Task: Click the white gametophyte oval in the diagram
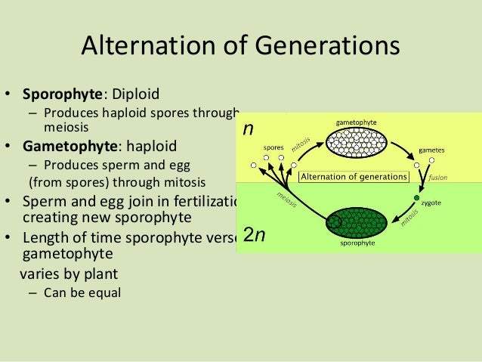point(356,142)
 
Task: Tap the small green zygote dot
point(416,198)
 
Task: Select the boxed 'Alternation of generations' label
point(354,178)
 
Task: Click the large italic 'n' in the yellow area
point(249,130)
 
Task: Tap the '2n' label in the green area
point(255,234)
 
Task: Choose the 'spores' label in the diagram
point(273,147)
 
